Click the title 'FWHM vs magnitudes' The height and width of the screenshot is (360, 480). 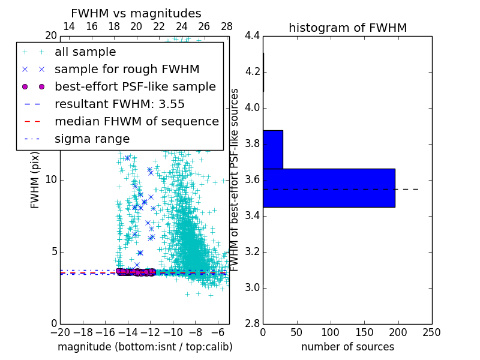point(136,13)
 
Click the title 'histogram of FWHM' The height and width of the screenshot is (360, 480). point(347,28)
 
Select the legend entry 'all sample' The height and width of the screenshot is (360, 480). point(85,52)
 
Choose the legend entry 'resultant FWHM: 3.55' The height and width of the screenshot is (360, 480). point(119,104)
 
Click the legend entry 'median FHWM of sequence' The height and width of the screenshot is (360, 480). point(136,122)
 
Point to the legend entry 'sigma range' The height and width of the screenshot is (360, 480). point(92,139)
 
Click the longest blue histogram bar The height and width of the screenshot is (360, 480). point(329,188)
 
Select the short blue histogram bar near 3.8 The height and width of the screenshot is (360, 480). point(272,149)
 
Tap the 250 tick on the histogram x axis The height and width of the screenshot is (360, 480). point(431,332)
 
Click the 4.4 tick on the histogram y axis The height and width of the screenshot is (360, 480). point(251,36)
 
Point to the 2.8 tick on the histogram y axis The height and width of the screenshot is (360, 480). point(251,323)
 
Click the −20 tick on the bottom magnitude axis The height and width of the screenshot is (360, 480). point(60,332)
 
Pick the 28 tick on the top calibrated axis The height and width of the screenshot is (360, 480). point(227,26)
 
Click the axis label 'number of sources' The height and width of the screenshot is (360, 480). point(347,347)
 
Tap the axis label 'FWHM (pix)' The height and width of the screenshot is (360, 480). point(35,180)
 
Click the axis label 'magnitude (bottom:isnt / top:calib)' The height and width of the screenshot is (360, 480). point(145,347)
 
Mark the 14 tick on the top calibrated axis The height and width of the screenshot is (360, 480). point(69,26)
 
